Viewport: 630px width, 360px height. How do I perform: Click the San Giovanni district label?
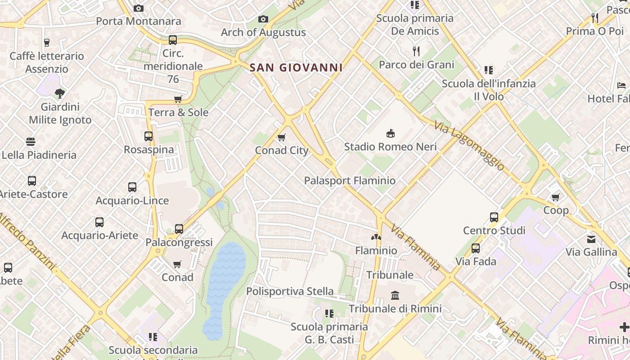(x=296, y=68)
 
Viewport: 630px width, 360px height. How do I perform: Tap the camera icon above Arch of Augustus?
(x=263, y=19)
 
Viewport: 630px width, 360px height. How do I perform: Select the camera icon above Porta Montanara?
(x=139, y=8)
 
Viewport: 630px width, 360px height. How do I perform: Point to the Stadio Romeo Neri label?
(x=390, y=147)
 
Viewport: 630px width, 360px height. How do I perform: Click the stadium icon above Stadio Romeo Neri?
(x=390, y=133)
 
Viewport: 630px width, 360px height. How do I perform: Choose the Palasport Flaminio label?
(x=350, y=180)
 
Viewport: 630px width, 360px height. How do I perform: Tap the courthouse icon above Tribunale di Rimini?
(x=395, y=295)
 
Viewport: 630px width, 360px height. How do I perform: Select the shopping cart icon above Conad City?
(x=282, y=137)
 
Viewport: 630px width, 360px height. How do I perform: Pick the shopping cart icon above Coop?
(x=556, y=197)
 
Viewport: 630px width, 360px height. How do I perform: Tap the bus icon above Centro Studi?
(x=494, y=217)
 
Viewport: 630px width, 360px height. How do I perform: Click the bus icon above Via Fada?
(x=476, y=248)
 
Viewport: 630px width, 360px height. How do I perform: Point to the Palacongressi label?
(x=179, y=243)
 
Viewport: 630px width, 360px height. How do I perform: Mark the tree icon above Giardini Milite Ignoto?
(x=59, y=94)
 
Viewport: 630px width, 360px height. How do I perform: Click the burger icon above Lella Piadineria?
(x=31, y=142)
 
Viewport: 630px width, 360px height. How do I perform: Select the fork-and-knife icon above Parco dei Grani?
(x=416, y=51)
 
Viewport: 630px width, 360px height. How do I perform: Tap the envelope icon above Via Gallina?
(x=591, y=239)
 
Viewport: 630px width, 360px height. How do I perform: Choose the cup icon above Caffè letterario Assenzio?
(x=46, y=43)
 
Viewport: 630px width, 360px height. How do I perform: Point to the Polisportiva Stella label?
(x=290, y=291)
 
